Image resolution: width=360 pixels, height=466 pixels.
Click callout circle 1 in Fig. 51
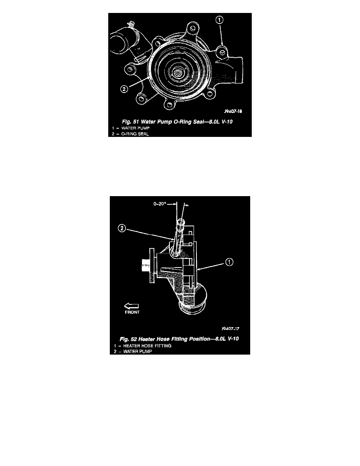pyautogui.click(x=219, y=20)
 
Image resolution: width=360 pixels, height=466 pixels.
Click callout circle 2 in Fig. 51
pyautogui.click(x=124, y=89)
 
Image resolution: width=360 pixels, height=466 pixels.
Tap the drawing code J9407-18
pyautogui.click(x=233, y=111)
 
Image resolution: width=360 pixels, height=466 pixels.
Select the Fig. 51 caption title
pyautogui.click(x=177, y=122)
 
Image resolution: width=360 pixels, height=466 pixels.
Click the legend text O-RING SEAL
pyautogui.click(x=135, y=134)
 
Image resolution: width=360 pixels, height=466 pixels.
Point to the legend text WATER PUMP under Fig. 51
pyautogui.click(x=135, y=128)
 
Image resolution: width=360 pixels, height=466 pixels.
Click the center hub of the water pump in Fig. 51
pyautogui.click(x=178, y=73)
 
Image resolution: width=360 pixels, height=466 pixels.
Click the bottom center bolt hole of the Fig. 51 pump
pyautogui.click(x=169, y=104)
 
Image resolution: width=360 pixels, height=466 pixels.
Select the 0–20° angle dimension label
pyautogui.click(x=160, y=204)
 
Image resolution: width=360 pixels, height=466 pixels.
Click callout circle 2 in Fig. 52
pyautogui.click(x=122, y=229)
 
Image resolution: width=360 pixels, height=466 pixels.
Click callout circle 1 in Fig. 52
pyautogui.click(x=229, y=262)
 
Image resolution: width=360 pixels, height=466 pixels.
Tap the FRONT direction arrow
pyautogui.click(x=132, y=306)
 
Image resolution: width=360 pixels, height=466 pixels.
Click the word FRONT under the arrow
pyautogui.click(x=132, y=312)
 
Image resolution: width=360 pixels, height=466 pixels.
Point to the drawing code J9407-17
pyautogui.click(x=231, y=329)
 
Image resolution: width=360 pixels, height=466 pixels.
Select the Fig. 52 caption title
pyautogui.click(x=179, y=339)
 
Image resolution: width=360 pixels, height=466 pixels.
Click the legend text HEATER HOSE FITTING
pyautogui.click(x=147, y=346)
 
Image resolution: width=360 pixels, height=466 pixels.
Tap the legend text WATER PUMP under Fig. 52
pyautogui.click(x=138, y=351)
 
